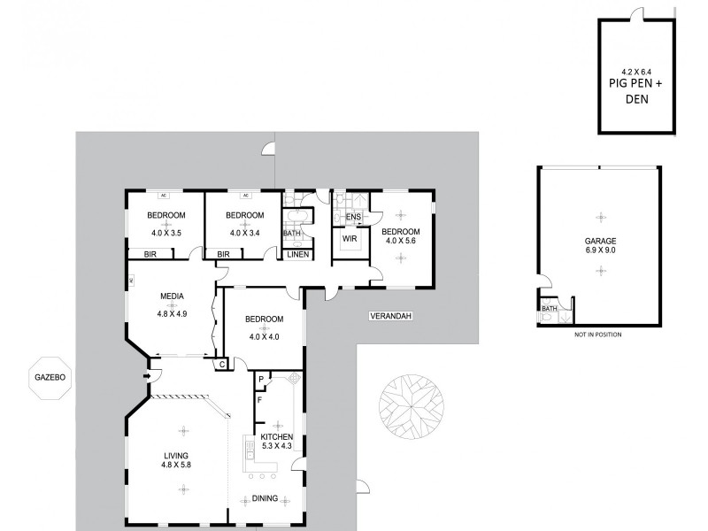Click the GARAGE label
(600, 240)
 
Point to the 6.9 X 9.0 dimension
(600, 250)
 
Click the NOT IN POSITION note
(599, 335)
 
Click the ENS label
(353, 217)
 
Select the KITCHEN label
(276, 436)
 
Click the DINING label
(265, 498)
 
